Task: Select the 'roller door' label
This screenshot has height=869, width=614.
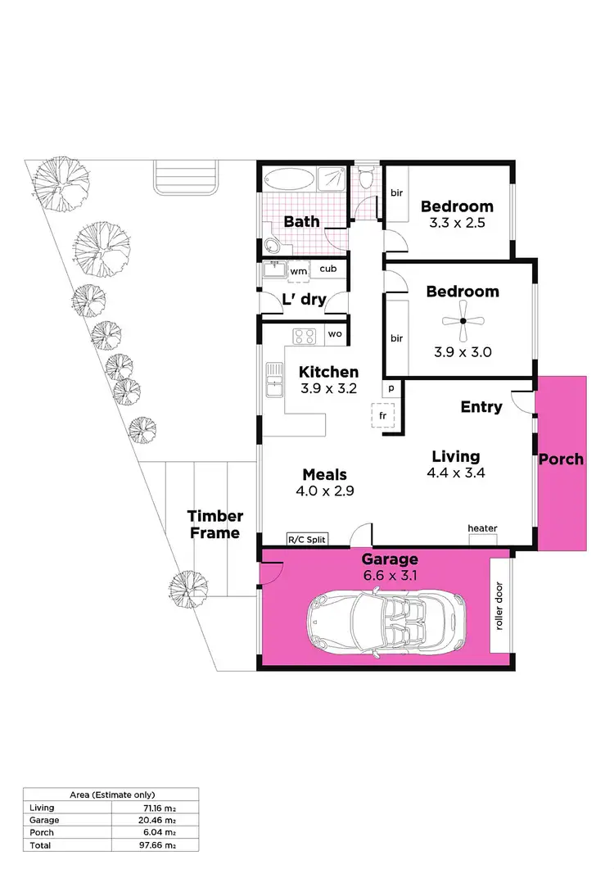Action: pyautogui.click(x=499, y=606)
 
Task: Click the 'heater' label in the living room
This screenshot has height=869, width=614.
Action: pyautogui.click(x=482, y=528)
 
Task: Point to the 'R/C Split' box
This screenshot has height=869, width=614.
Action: pyautogui.click(x=306, y=540)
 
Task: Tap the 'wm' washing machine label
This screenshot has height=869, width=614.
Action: pyautogui.click(x=298, y=269)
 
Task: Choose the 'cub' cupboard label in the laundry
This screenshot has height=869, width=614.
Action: pyautogui.click(x=327, y=269)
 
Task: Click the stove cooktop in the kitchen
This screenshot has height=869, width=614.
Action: pyautogui.click(x=305, y=335)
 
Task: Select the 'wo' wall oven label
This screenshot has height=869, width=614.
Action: pyautogui.click(x=334, y=334)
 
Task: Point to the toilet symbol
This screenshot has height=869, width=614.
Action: pyautogui.click(x=366, y=178)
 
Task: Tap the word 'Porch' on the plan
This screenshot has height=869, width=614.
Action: pyautogui.click(x=562, y=459)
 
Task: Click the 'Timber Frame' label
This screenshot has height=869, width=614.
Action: pyautogui.click(x=215, y=524)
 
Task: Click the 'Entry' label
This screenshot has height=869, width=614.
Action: pyautogui.click(x=481, y=407)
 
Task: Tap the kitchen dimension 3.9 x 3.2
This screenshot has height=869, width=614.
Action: pyautogui.click(x=327, y=389)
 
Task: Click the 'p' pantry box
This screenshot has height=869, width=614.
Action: pyautogui.click(x=391, y=388)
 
